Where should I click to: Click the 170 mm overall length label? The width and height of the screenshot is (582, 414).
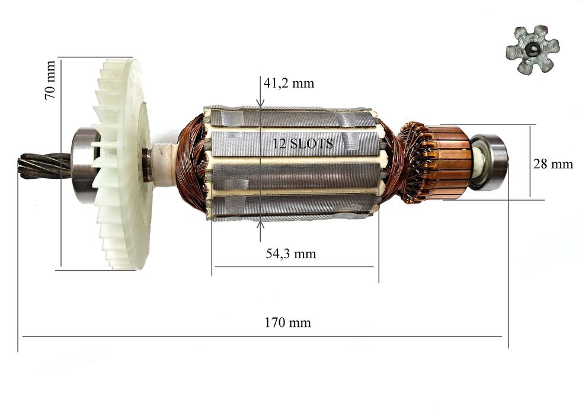[x=287, y=322]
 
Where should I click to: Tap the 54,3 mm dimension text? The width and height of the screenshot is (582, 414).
[x=291, y=253]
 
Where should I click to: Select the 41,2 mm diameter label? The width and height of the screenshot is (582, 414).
[x=289, y=83]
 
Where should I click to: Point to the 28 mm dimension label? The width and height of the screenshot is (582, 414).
[x=553, y=163]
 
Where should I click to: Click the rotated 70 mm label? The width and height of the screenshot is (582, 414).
[x=50, y=80]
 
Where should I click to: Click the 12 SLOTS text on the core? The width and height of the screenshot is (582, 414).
[x=303, y=143]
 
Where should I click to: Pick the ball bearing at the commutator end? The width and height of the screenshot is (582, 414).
[x=490, y=162]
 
